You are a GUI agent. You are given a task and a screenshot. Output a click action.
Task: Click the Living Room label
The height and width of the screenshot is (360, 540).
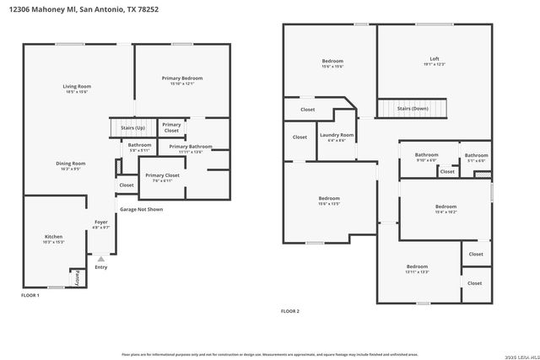point(77,86)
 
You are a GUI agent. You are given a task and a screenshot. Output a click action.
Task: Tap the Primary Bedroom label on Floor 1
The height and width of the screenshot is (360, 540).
point(182,78)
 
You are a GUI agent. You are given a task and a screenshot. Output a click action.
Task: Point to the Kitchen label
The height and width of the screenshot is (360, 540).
point(53,237)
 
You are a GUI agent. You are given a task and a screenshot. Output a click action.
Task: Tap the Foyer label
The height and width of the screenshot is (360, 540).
point(100,223)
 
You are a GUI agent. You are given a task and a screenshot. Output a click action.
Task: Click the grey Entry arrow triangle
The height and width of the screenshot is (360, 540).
point(101,259)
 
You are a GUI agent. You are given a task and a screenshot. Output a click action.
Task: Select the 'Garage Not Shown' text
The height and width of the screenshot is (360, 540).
point(141,209)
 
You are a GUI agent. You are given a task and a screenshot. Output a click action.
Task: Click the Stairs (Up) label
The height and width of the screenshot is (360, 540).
point(133,127)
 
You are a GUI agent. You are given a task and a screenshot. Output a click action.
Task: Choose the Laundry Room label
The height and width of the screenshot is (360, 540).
point(335,135)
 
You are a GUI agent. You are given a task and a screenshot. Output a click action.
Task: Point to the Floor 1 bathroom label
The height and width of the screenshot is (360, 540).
point(139,144)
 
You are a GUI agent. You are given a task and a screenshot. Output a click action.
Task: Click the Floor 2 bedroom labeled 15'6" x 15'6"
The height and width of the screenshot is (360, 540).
point(332,61)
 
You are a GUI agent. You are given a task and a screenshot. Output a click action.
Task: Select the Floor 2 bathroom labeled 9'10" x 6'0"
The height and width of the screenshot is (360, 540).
point(426,154)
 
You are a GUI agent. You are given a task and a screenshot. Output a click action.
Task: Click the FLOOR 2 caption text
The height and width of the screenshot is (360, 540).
point(290,311)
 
